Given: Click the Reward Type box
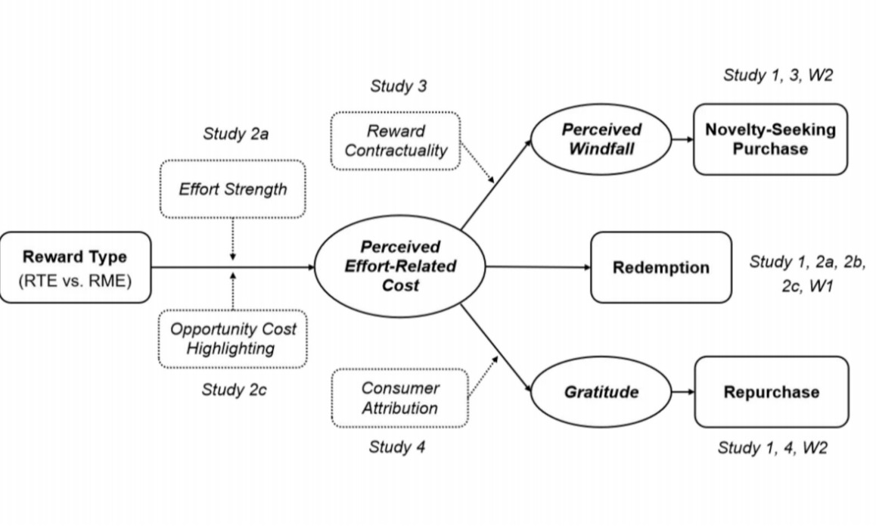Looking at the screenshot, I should (75, 267).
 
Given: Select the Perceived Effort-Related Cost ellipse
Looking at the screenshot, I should (399, 266).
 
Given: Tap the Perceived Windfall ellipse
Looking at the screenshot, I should (601, 139).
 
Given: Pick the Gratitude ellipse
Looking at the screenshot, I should (601, 392).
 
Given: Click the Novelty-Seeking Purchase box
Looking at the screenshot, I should (770, 139).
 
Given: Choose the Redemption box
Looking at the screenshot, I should (660, 267).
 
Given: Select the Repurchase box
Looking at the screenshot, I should (771, 392).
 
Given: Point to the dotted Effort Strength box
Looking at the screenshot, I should (232, 189).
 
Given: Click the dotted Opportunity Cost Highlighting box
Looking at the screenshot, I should (232, 338).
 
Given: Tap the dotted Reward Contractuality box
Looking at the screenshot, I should (395, 141).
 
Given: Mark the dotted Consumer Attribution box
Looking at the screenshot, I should (399, 397).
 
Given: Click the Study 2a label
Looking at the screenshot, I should (236, 135).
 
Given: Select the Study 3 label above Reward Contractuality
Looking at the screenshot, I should (398, 86).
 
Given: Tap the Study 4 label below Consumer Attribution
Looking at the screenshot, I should (397, 447).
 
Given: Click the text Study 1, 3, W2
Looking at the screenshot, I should (778, 75).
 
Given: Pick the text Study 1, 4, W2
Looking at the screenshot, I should (772, 448).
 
